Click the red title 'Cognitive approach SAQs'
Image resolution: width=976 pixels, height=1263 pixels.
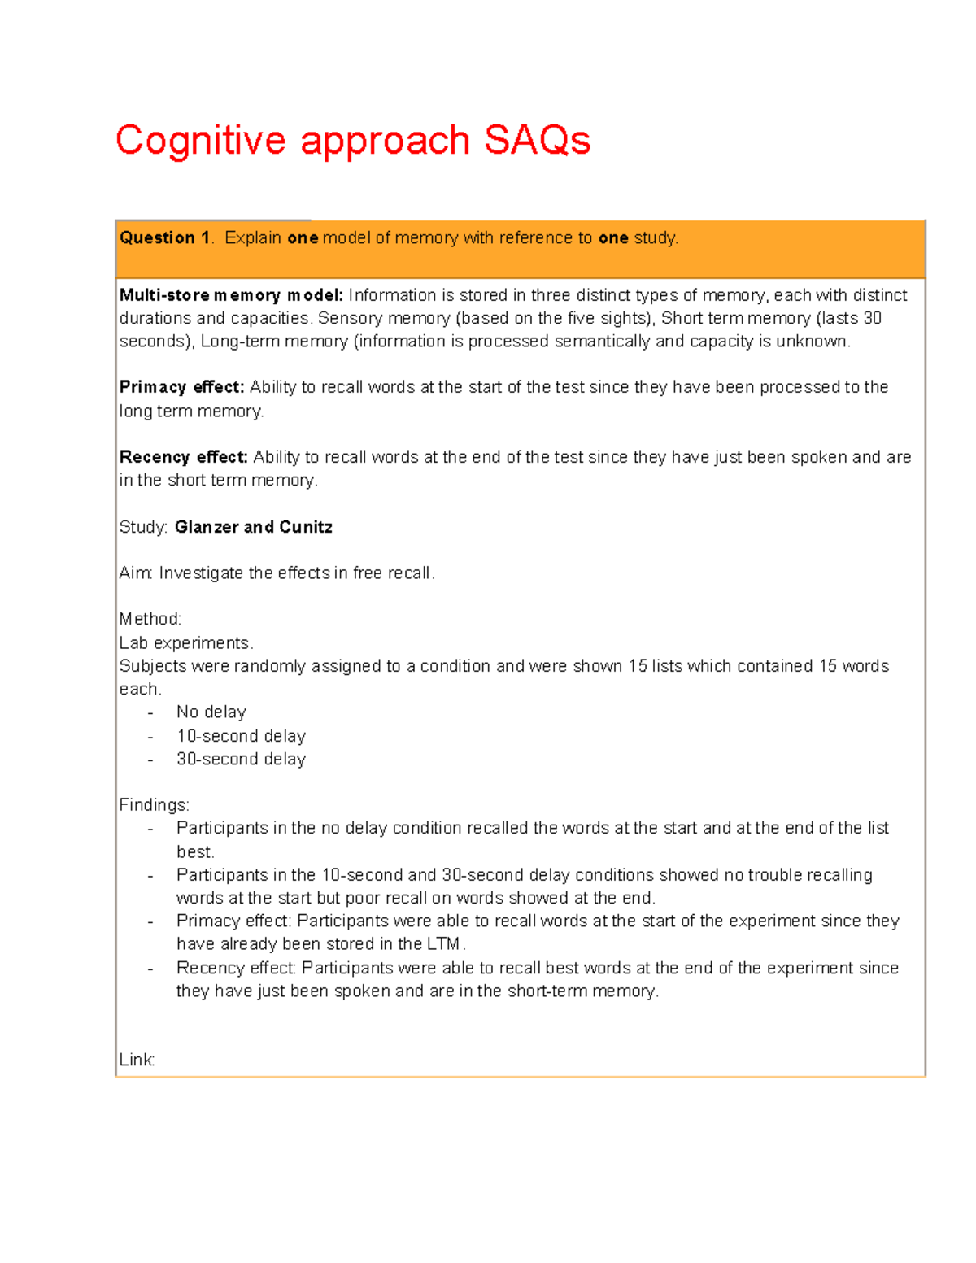point(352,141)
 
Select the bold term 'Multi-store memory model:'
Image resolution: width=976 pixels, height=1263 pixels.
point(231,295)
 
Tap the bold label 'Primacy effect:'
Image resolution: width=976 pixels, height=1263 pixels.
point(181,387)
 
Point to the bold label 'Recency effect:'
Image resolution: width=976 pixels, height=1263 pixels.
point(183,457)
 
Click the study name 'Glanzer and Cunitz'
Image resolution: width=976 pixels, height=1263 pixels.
point(253,527)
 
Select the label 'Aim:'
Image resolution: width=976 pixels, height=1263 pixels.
point(136,573)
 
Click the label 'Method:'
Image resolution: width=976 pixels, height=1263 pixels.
point(150,619)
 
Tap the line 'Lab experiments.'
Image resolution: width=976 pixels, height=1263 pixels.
point(186,643)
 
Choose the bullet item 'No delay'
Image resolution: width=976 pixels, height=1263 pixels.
point(211,712)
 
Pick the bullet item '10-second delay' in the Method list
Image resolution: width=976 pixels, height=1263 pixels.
point(241,736)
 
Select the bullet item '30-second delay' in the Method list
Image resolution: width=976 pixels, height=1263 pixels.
point(241,759)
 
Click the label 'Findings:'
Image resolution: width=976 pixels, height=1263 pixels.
point(154,805)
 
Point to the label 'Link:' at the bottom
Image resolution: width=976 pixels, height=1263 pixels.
point(137,1060)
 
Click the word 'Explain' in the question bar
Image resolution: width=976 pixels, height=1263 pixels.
point(253,238)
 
